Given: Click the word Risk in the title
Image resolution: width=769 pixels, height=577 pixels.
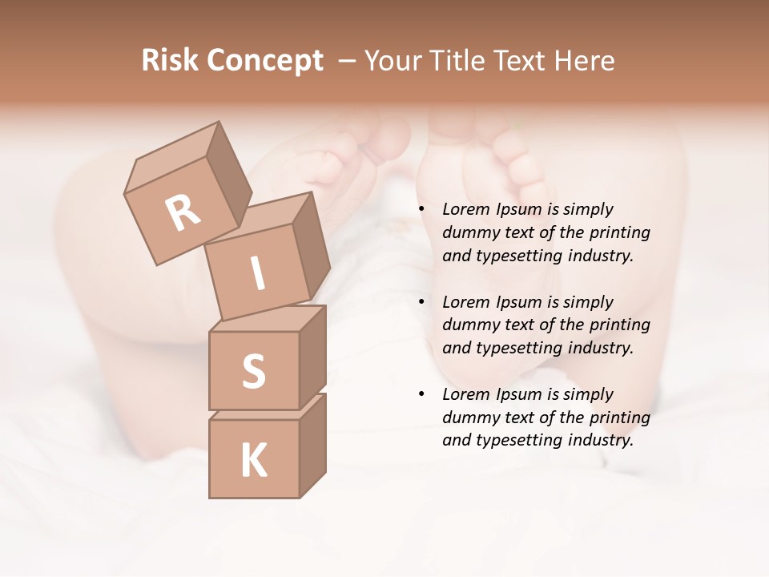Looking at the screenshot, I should [x=170, y=61].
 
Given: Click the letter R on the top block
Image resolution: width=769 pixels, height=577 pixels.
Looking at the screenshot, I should [x=183, y=213].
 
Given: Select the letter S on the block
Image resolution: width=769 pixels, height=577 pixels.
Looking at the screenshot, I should [x=253, y=371].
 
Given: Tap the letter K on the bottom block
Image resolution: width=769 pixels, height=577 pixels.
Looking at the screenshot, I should [x=253, y=460].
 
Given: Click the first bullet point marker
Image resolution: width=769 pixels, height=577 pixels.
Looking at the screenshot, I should [x=421, y=210].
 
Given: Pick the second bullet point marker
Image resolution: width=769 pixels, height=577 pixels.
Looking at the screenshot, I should [x=421, y=303].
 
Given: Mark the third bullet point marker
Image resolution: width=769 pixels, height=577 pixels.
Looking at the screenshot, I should [x=421, y=395].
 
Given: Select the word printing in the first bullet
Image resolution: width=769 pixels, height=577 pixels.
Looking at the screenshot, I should [x=619, y=233].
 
